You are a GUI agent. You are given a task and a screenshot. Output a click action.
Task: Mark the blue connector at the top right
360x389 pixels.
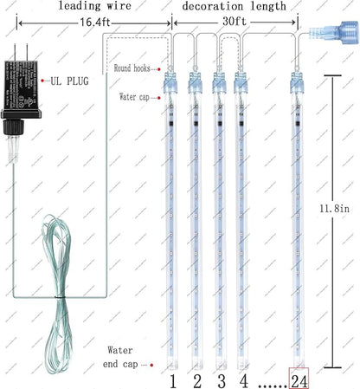point(329,36)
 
